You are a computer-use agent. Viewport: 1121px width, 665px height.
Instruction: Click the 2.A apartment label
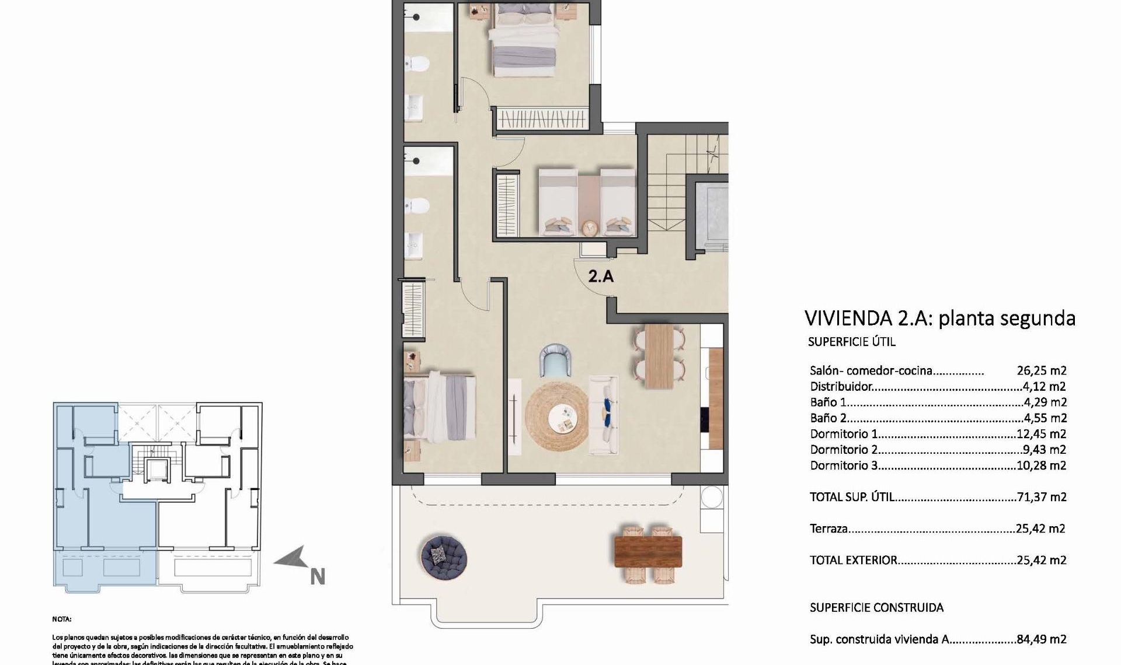click(601, 276)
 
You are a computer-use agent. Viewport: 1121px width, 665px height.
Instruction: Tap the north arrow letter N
click(317, 577)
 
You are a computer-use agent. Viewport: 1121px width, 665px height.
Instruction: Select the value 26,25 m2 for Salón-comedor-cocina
click(1042, 370)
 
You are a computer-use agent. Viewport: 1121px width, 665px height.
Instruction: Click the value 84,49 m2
click(1042, 639)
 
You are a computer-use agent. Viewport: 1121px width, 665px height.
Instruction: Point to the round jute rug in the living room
click(557, 415)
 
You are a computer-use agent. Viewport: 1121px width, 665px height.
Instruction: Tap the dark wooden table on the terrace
click(648, 551)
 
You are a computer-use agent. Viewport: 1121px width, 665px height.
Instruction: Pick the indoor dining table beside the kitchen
click(659, 355)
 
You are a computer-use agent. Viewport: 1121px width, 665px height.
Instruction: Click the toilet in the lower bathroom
click(417, 205)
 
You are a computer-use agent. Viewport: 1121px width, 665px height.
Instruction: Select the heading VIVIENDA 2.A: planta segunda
click(939, 318)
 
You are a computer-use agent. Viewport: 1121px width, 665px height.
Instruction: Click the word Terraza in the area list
click(828, 529)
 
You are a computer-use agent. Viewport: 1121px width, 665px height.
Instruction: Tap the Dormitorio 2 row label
click(844, 450)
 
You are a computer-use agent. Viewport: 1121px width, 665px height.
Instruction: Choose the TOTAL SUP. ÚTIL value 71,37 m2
click(1042, 497)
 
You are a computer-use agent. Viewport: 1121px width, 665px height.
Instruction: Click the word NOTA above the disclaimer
click(61, 619)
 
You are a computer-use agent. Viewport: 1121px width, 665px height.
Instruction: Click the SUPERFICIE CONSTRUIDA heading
click(876, 608)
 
